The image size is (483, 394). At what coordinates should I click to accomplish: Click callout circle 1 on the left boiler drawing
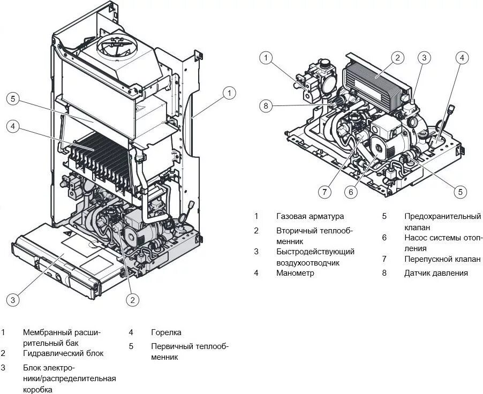[229, 93]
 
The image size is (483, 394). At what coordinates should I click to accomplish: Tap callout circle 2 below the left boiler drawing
[132, 300]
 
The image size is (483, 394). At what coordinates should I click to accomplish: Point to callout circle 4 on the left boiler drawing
[14, 126]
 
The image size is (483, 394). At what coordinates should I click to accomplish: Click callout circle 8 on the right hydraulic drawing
[266, 105]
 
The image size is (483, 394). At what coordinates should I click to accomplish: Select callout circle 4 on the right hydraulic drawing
[462, 58]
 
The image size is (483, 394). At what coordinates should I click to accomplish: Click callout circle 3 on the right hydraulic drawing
[424, 58]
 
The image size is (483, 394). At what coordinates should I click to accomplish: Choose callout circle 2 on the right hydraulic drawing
[397, 58]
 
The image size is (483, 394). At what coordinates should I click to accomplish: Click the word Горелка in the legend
[166, 332]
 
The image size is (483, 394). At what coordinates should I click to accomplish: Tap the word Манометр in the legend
[295, 273]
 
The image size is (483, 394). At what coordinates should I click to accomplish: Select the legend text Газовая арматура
[310, 216]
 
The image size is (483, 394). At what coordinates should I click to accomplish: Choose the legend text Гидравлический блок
[63, 353]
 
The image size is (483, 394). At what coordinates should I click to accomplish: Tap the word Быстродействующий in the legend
[315, 252]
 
